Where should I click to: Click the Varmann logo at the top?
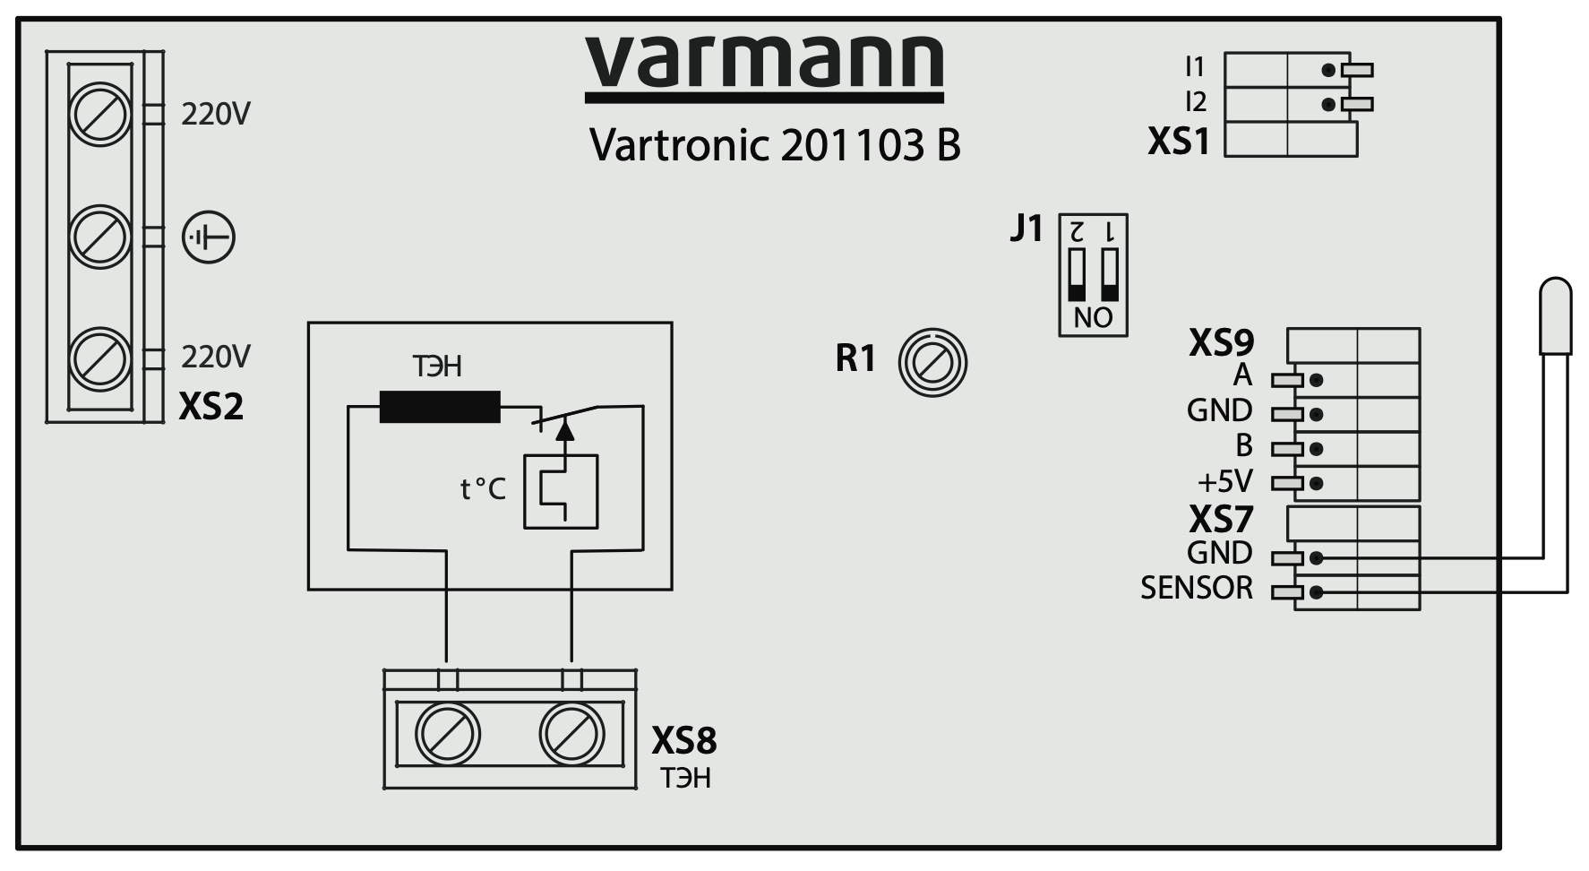point(764,65)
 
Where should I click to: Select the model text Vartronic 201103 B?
point(775,144)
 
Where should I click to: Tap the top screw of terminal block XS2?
point(99,116)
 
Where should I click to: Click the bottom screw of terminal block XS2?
point(99,359)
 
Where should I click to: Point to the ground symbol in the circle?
point(209,238)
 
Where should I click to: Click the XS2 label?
point(211,407)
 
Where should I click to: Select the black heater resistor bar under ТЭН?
point(440,407)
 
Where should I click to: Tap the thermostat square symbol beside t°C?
point(561,491)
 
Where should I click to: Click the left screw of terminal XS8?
point(448,734)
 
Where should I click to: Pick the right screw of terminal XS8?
point(571,734)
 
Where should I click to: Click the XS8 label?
point(683,741)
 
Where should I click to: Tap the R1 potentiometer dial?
point(932,363)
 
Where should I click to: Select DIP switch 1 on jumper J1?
point(1111,275)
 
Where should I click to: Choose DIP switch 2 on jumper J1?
point(1077,275)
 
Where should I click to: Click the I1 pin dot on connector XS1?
point(1327,70)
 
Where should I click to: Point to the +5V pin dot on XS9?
point(1316,483)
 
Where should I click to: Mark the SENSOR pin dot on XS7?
point(1316,592)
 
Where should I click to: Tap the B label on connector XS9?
point(1244,445)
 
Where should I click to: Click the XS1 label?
point(1178,142)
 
